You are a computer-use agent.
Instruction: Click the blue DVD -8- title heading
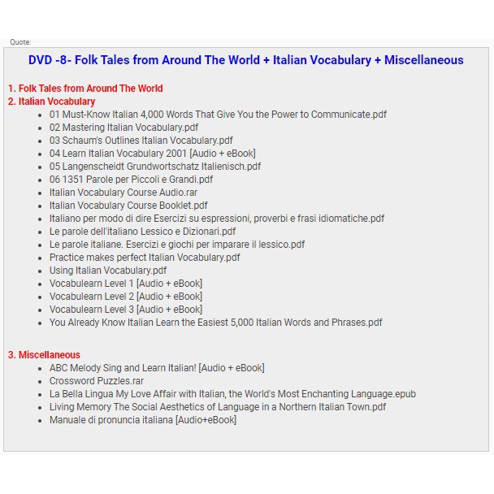tap(245, 60)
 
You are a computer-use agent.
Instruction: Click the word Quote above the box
tap(20, 42)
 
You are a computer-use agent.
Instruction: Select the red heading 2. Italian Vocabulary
tap(51, 102)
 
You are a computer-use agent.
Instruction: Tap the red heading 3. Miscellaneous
tap(44, 355)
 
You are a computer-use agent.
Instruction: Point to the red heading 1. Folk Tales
tap(85, 89)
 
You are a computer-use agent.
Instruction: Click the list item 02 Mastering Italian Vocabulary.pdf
tap(123, 128)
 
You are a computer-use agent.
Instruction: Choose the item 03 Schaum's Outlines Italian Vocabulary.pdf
tap(141, 141)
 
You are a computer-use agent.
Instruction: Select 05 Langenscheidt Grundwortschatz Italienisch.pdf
tap(155, 167)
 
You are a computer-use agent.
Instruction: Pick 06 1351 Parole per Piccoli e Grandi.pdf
tap(131, 180)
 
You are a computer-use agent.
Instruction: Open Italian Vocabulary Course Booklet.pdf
tap(128, 206)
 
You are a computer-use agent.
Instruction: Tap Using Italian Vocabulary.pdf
tap(108, 271)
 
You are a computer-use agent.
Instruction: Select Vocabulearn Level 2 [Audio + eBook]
tap(126, 297)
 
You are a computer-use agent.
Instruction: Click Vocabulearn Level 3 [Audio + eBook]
tap(126, 310)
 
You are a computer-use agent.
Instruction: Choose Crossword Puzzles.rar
tap(97, 381)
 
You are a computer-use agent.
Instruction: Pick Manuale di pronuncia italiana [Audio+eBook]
tap(143, 420)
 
